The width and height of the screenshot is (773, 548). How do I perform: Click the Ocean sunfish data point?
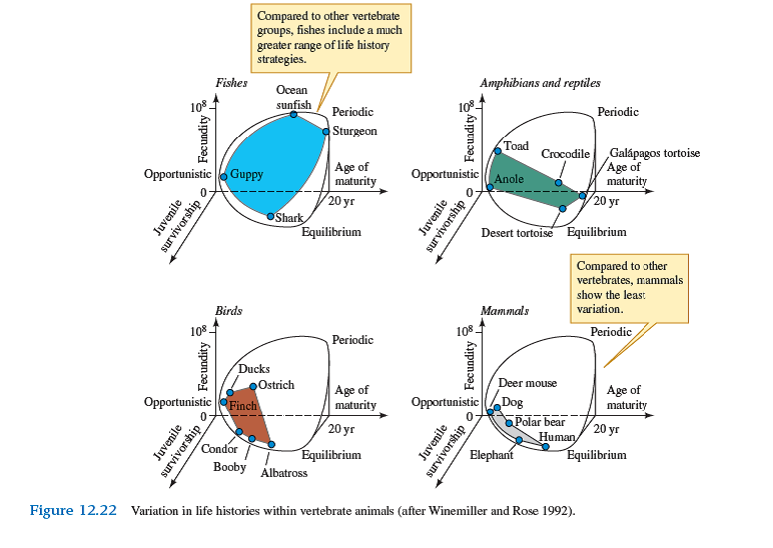[294, 115]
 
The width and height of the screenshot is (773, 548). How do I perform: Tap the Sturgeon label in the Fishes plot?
[354, 131]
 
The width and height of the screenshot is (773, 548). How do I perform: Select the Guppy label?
[246, 174]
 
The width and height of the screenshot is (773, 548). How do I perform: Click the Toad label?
[516, 146]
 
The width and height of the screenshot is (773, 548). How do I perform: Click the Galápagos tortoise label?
[654, 153]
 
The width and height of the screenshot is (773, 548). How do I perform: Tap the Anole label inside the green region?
[509, 179]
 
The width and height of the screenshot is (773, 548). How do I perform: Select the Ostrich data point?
[253, 386]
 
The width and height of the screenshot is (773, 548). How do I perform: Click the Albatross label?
[284, 473]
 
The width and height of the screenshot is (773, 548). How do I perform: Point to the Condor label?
[219, 449]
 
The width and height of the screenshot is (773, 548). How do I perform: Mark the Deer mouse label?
[527, 383]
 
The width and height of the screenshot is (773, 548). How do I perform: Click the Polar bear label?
[541, 422]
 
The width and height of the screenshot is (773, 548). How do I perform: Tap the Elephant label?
[490, 455]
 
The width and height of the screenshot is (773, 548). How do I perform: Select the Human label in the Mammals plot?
[556, 436]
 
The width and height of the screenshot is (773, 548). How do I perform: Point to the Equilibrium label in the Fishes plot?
[331, 232]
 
